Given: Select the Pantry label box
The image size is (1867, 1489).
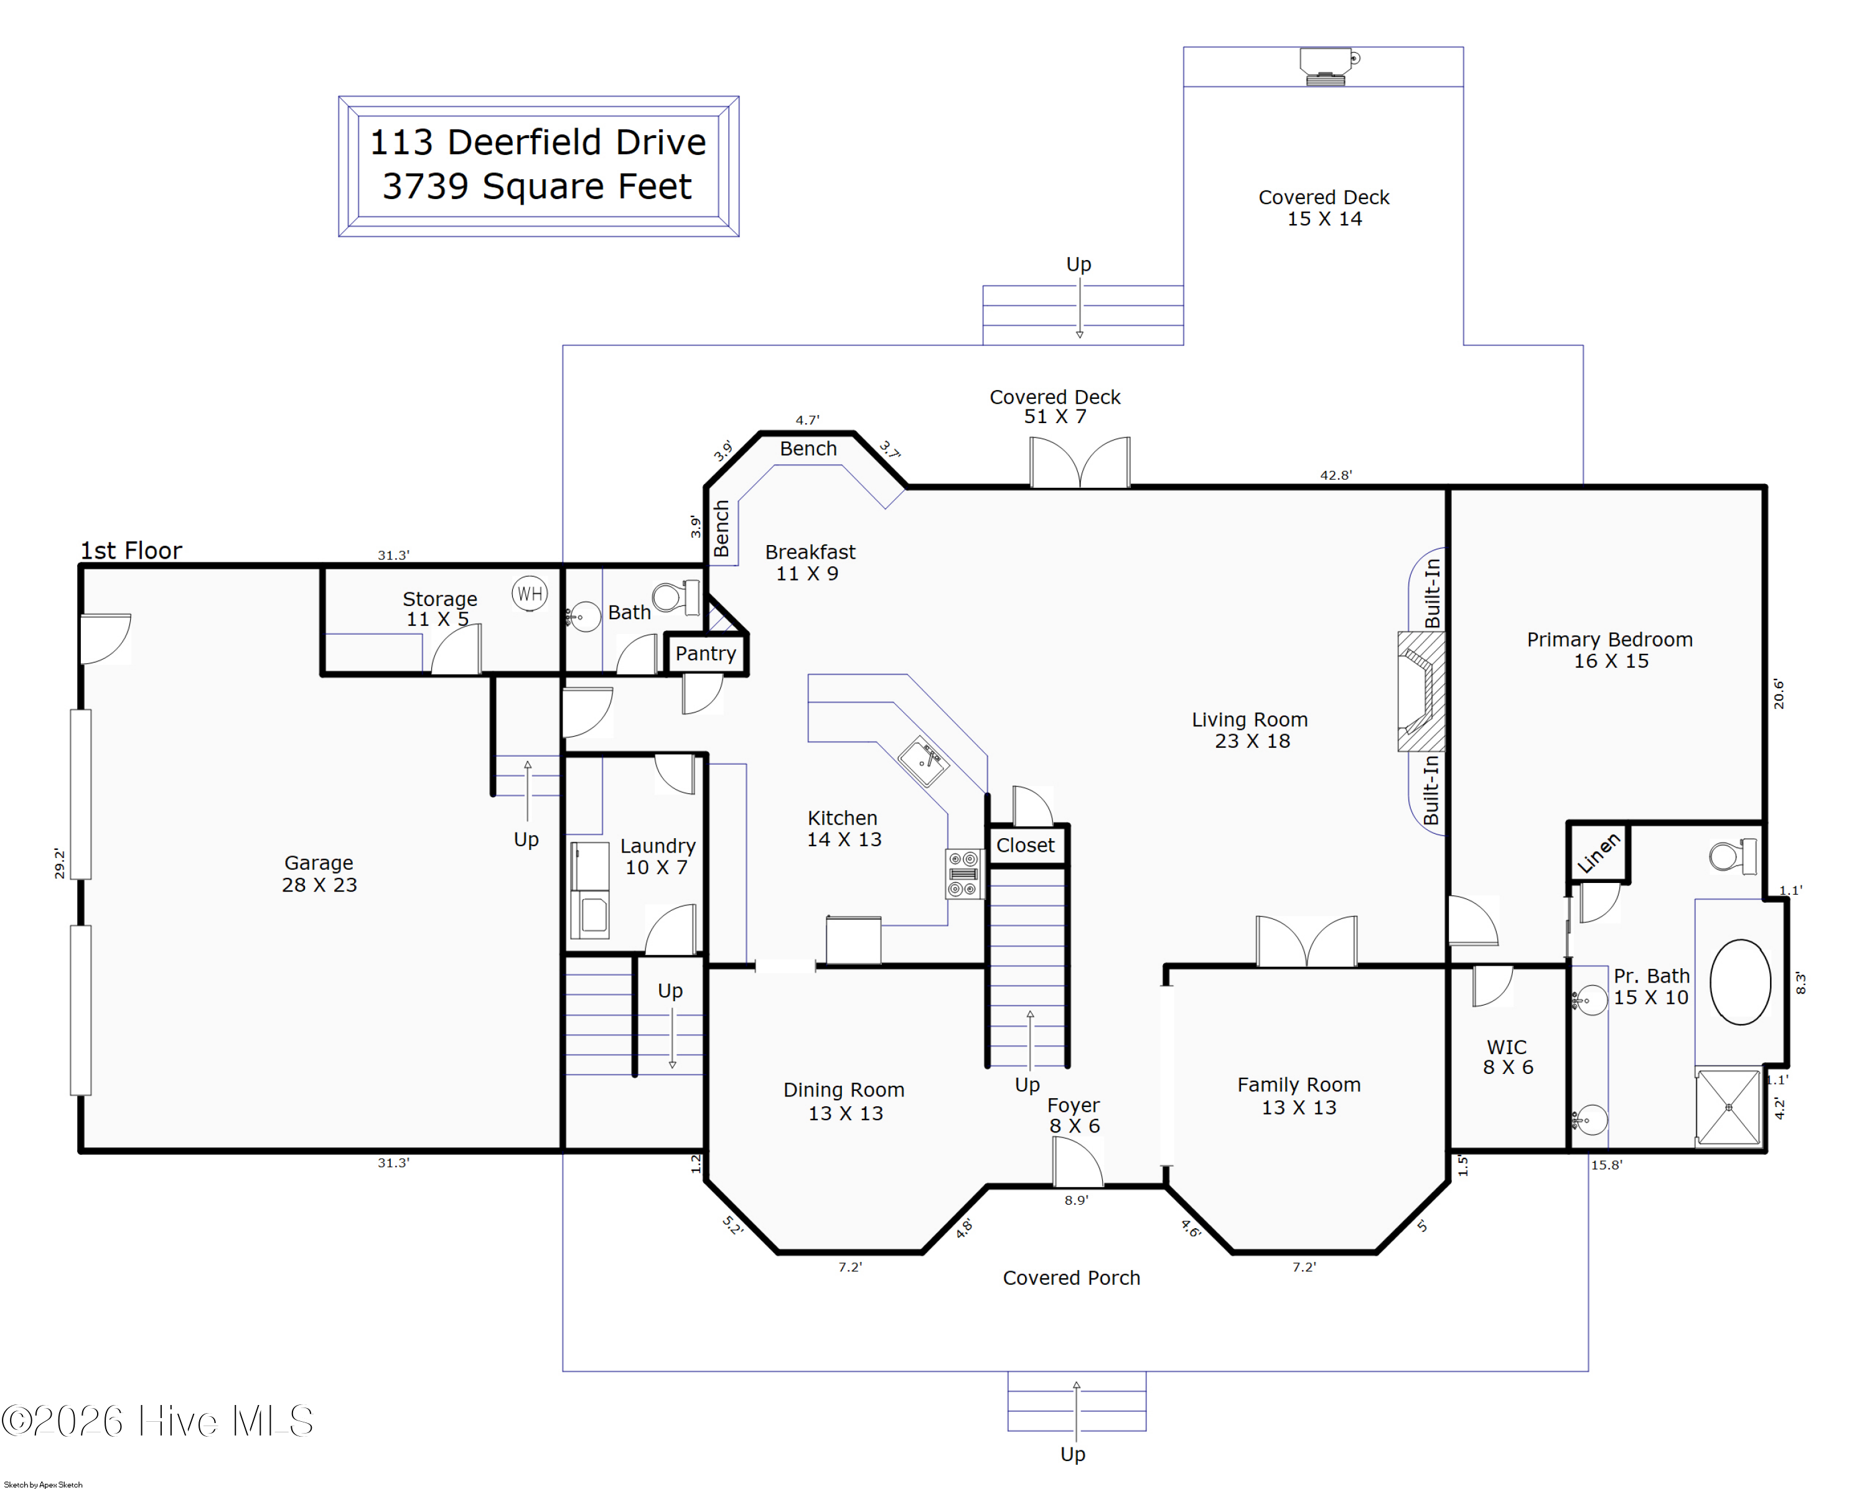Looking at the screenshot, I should pyautogui.click(x=706, y=653).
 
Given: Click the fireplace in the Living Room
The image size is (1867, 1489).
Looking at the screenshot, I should pyautogui.click(x=1421, y=691).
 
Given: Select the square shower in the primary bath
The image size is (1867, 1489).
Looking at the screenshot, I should pyautogui.click(x=1728, y=1107).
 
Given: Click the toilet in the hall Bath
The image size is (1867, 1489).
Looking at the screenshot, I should pyautogui.click(x=677, y=597).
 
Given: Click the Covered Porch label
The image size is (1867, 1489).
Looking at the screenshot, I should pyautogui.click(x=1071, y=1278).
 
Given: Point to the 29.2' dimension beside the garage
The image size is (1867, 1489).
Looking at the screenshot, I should pyautogui.click(x=60, y=863).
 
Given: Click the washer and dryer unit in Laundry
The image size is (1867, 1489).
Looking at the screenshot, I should pyautogui.click(x=590, y=890).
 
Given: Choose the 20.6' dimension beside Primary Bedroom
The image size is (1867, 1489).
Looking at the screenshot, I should pyautogui.click(x=1778, y=694).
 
